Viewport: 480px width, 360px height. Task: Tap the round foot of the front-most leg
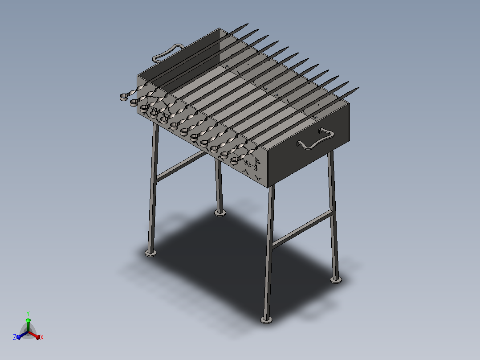click(x=266, y=320)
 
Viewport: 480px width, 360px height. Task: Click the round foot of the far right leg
click(x=336, y=279)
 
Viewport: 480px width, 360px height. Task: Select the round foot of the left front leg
click(x=151, y=253)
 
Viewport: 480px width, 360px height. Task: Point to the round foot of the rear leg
click(x=220, y=213)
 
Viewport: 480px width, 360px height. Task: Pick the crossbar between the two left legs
click(x=181, y=166)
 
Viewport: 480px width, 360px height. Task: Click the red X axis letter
click(x=42, y=337)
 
